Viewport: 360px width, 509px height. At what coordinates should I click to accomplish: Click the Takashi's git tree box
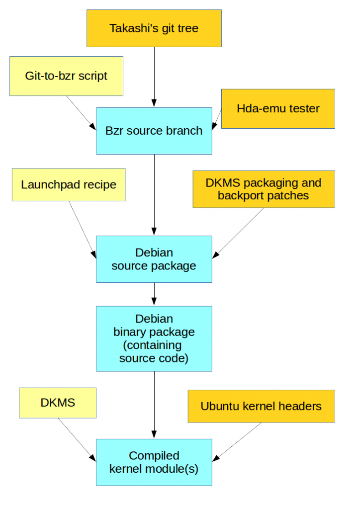point(154,28)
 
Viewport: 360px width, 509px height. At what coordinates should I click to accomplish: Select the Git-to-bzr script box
point(66,76)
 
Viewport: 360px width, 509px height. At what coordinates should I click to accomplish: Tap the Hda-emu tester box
point(278,109)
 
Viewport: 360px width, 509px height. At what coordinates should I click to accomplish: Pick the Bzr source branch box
point(154,131)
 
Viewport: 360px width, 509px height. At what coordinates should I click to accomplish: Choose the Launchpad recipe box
point(69,185)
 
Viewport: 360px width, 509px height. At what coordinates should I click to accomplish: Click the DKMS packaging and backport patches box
point(264,189)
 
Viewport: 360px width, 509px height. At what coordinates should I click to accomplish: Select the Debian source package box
point(154,259)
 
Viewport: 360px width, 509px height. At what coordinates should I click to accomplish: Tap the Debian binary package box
point(154,339)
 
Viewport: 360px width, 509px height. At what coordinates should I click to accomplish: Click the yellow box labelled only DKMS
point(58,403)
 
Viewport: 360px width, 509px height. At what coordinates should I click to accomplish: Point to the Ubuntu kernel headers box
point(261,406)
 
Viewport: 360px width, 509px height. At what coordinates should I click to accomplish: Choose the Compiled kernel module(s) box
point(154,462)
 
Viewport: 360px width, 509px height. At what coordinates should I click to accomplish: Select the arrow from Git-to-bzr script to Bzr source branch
point(81,112)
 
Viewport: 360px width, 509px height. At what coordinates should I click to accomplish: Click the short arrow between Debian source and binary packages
point(154,294)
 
